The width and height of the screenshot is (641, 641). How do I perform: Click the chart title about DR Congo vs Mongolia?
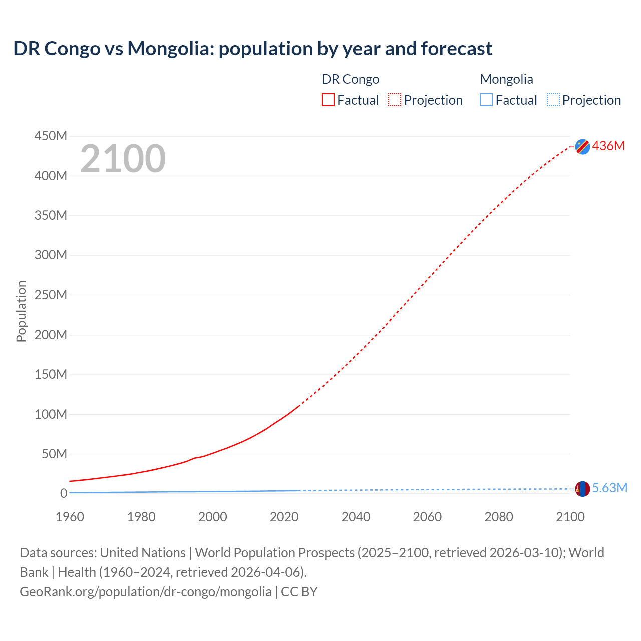pyautogui.click(x=252, y=49)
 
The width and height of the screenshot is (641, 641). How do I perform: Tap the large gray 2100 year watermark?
pyautogui.click(x=123, y=159)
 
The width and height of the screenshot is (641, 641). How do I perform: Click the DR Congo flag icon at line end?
pyautogui.click(x=582, y=146)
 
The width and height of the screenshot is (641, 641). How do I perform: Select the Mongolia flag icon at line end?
pyautogui.click(x=582, y=489)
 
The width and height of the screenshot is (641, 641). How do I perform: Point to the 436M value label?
pyautogui.click(x=608, y=146)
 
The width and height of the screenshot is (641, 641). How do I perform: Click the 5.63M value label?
pyautogui.click(x=609, y=488)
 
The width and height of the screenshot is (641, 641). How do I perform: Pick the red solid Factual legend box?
pyautogui.click(x=328, y=100)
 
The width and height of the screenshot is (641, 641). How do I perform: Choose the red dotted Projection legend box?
pyautogui.click(x=395, y=100)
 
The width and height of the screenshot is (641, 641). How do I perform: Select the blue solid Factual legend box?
pyautogui.click(x=486, y=100)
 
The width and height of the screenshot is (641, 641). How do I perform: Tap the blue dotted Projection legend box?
pyautogui.click(x=553, y=100)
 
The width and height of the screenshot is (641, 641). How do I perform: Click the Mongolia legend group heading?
pyautogui.click(x=506, y=79)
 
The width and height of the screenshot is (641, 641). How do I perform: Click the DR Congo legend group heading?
pyautogui.click(x=350, y=79)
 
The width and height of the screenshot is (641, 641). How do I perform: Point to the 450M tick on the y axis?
pyautogui.click(x=51, y=136)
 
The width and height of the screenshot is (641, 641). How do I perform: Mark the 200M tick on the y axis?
pyautogui.click(x=51, y=335)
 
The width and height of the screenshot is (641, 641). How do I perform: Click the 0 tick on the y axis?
pyautogui.click(x=63, y=493)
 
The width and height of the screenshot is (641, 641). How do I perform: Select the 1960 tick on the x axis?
pyautogui.click(x=70, y=517)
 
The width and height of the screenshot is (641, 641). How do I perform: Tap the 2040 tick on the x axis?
pyautogui.click(x=356, y=517)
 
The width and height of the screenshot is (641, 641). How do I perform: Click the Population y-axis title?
pyautogui.click(x=21, y=311)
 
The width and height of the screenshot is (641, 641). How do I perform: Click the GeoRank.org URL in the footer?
pyautogui.click(x=145, y=592)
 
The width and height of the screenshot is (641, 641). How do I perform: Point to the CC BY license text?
pyautogui.click(x=299, y=592)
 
